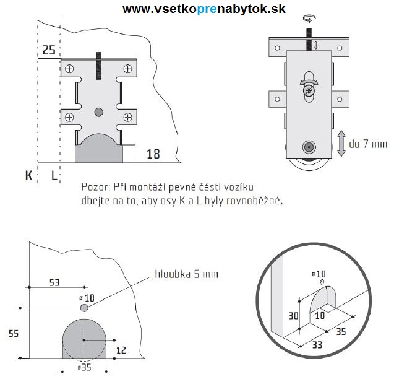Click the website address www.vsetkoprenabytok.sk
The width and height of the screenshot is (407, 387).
pos(203,9)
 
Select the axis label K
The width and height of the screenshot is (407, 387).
pos(28,175)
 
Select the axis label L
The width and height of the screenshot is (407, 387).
pos(54,175)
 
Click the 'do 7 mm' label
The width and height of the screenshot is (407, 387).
pos(368,144)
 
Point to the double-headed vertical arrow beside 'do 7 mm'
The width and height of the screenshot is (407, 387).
pos(341,144)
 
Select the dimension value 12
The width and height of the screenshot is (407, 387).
pos(121,350)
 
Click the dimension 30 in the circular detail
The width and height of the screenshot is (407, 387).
pos(293,315)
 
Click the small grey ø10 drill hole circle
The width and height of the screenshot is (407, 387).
pos(84,307)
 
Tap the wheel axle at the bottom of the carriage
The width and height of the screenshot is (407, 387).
pos(307,147)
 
